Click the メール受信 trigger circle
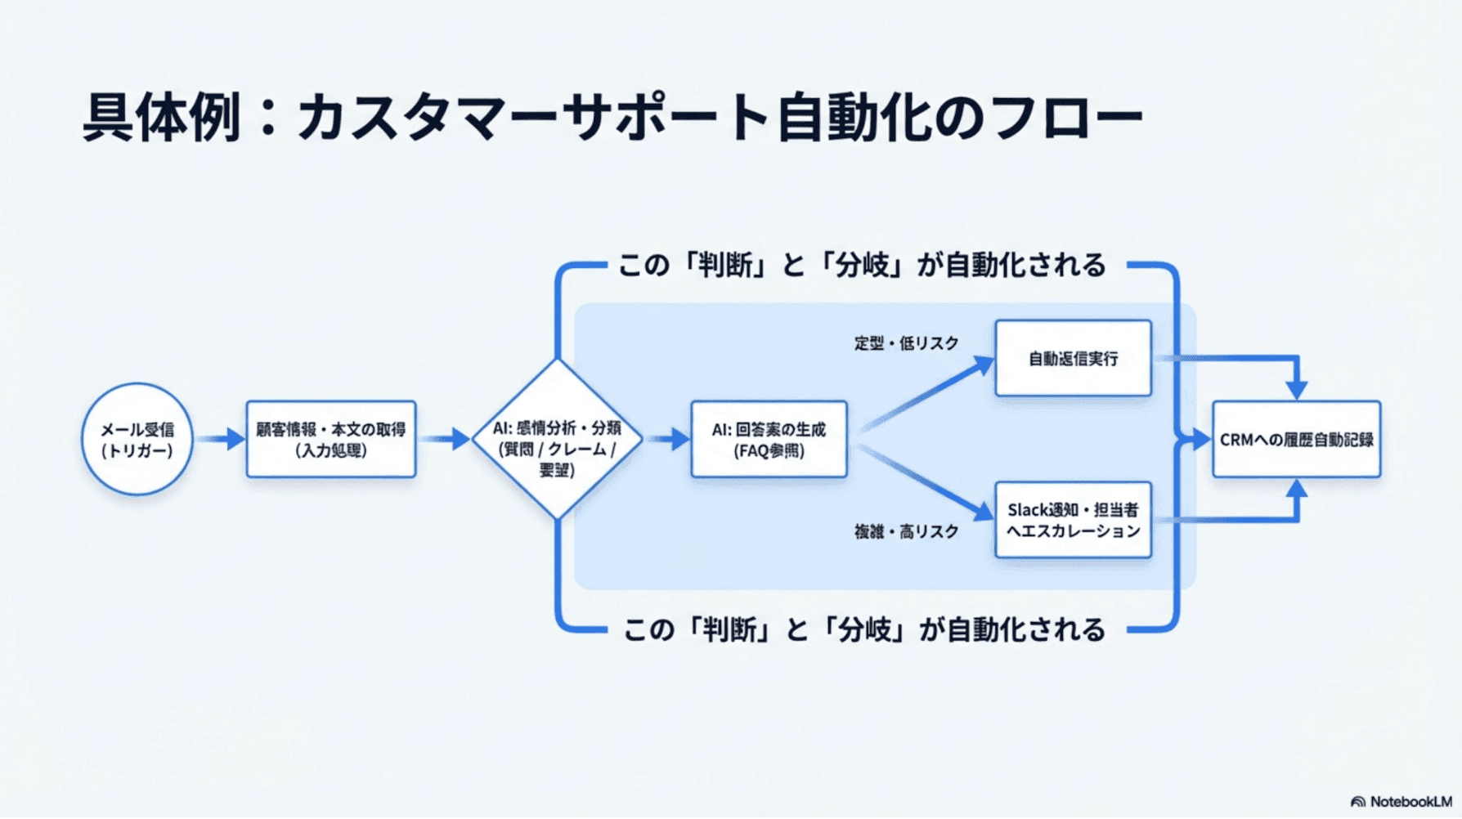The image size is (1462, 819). point(137,440)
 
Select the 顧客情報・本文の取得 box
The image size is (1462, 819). point(330,440)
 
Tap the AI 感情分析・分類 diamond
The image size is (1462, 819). point(557,440)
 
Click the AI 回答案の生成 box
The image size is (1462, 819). point(769,440)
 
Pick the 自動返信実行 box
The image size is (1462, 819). point(1073,359)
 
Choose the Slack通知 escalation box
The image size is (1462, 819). point(1073,521)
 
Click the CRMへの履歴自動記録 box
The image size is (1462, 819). point(1296,440)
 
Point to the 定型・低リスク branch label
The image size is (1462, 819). point(906,343)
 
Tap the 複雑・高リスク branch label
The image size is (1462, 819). point(906,532)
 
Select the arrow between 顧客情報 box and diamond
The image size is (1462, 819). point(446,440)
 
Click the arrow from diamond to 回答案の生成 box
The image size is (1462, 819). point(669,440)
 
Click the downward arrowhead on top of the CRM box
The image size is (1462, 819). point(1296,388)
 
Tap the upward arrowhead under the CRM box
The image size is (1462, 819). point(1296,491)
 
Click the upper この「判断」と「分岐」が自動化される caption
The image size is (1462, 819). point(861,266)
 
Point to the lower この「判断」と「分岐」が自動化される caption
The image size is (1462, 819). point(863,630)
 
